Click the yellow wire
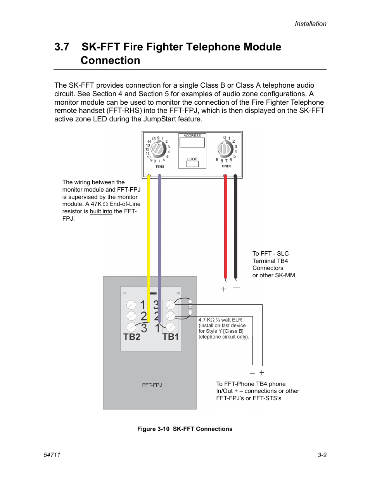149,233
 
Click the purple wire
159,233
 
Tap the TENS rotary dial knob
158,148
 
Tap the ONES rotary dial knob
225,148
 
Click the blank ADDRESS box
192,142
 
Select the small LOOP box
192,164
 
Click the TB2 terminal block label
132,337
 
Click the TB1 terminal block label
171,337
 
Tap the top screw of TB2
131,305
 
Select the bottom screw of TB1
170,327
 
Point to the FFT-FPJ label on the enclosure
152,385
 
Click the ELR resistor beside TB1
190,307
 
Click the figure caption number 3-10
163,429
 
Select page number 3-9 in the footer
322,455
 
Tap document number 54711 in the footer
52,455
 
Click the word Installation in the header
310,24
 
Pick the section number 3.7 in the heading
62,47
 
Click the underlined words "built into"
101,211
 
